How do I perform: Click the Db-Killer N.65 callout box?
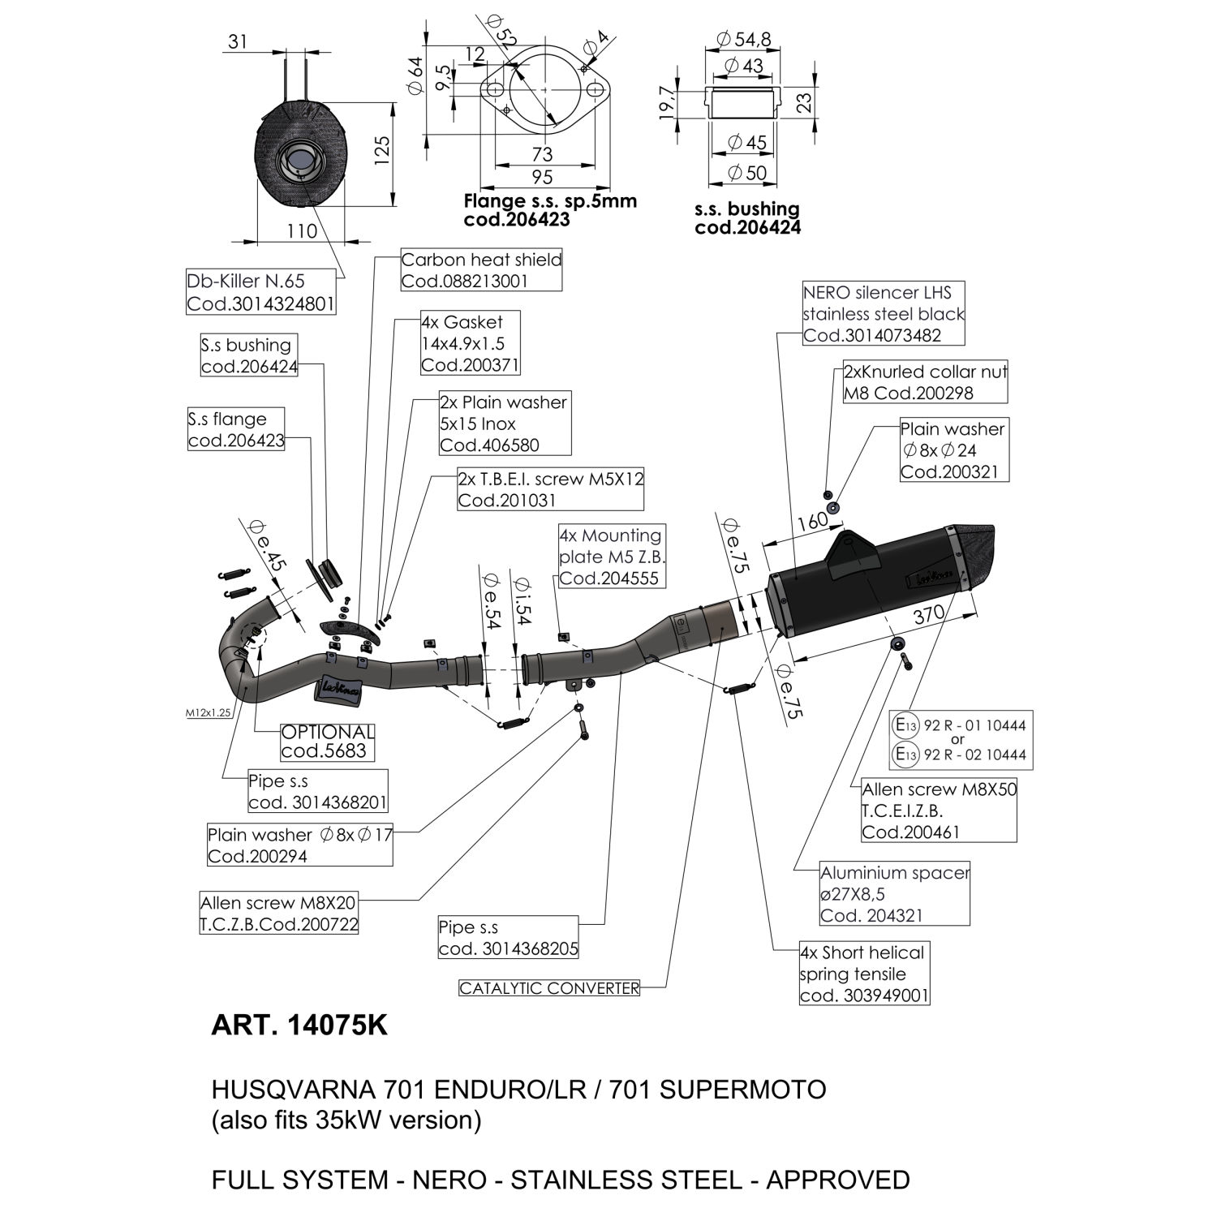(261, 292)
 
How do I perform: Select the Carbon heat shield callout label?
(481, 270)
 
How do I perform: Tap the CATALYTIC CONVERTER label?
(549, 988)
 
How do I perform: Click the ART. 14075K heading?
(299, 1026)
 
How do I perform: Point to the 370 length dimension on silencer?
(928, 614)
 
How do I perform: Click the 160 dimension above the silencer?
(811, 522)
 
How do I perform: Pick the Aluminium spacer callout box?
(895, 894)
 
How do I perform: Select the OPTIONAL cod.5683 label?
(328, 742)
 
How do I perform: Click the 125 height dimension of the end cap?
(382, 151)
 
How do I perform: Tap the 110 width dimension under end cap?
(302, 231)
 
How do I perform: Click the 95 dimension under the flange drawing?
(542, 177)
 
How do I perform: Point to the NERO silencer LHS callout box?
(884, 314)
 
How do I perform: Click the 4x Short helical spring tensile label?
(864, 974)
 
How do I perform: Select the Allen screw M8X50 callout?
(939, 811)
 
